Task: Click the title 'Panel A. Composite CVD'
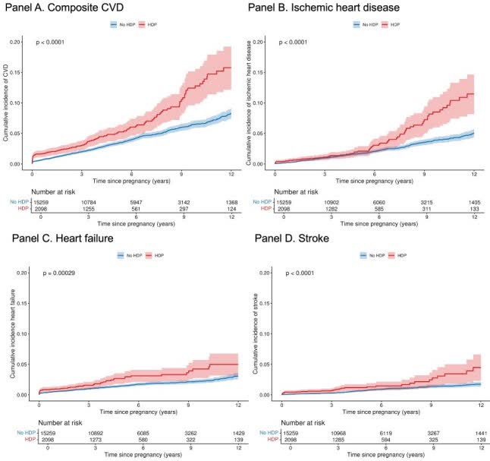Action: [72, 10]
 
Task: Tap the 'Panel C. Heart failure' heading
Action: [69, 240]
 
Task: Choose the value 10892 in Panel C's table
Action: [89, 432]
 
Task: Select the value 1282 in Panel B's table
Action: [330, 209]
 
